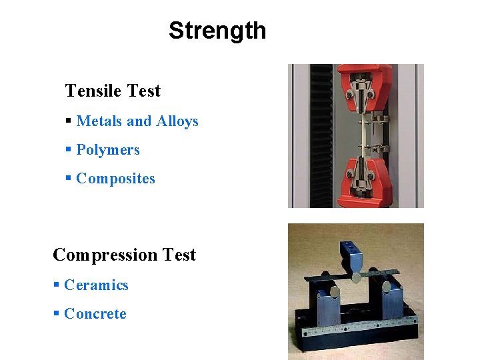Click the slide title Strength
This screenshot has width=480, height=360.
point(217,31)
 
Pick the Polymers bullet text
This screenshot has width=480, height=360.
point(108,150)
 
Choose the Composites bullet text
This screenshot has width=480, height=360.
point(115,179)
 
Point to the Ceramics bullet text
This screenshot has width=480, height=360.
point(96,285)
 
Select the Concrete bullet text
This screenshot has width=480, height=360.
point(95,314)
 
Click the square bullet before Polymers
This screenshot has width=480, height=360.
point(69,150)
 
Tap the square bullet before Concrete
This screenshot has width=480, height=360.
point(57,314)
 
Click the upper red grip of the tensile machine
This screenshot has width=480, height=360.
point(358,87)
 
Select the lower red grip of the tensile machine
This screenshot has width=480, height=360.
point(359,183)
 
